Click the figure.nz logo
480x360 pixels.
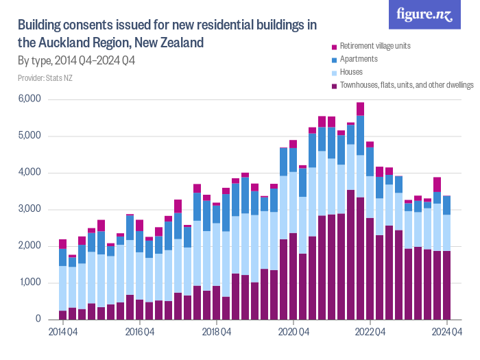(x=424, y=14)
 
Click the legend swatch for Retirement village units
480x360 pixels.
(x=334, y=47)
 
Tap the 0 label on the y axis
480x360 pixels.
(x=39, y=320)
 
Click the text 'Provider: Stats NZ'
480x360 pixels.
(x=45, y=78)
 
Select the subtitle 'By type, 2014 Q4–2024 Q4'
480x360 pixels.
(x=75, y=61)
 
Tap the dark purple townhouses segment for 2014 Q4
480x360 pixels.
(x=63, y=315)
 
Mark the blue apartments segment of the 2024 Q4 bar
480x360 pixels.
(x=447, y=205)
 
